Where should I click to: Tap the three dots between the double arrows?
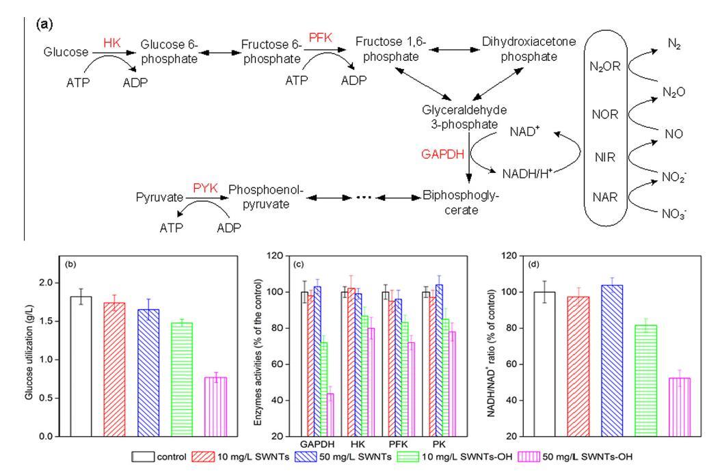(x=362, y=197)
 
